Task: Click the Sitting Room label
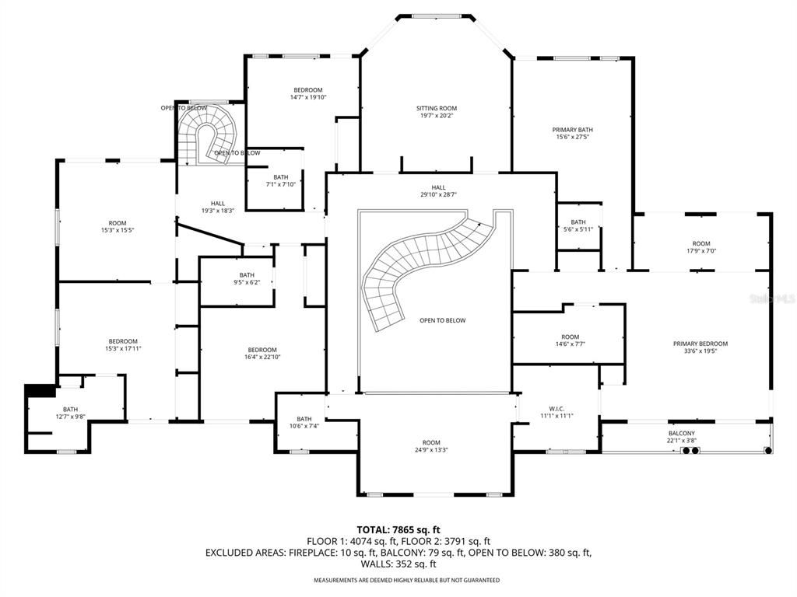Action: pos(436,109)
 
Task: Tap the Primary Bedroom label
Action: pos(700,344)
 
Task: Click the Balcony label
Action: pos(681,433)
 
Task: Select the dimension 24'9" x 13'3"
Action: pos(430,450)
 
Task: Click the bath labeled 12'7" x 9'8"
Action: pos(71,410)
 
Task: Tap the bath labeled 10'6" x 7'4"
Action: pos(304,419)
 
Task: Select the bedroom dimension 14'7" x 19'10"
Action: pos(307,97)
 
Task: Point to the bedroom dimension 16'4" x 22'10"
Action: pos(262,358)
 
